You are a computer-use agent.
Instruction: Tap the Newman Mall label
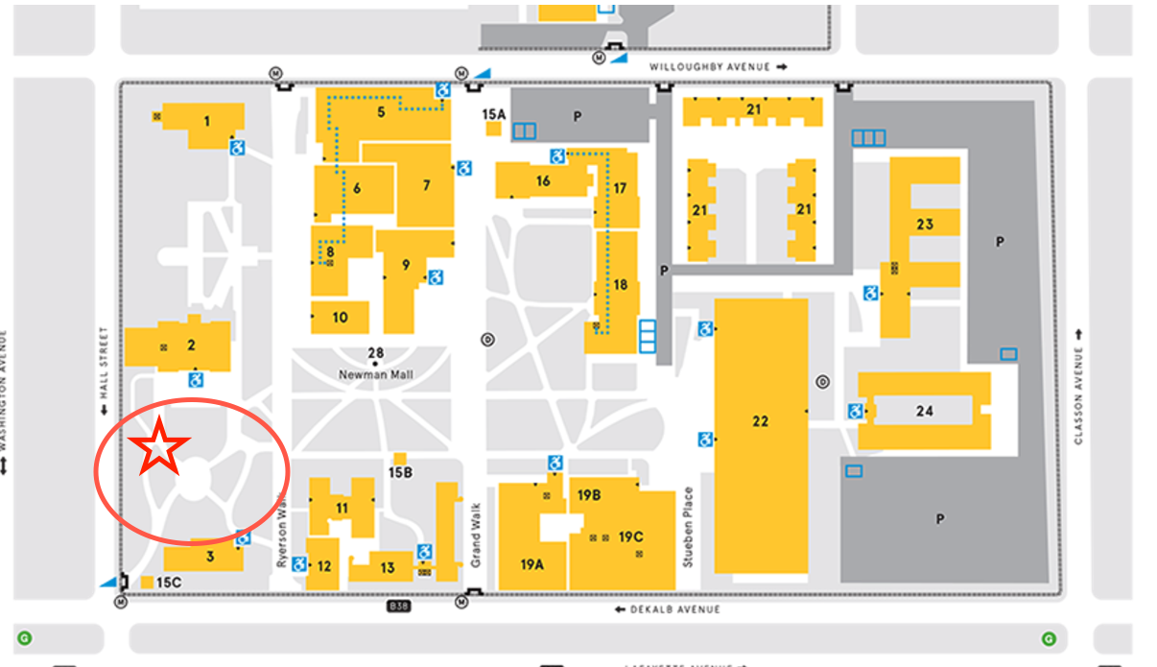[375, 374]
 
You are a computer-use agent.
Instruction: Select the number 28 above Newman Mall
[375, 352]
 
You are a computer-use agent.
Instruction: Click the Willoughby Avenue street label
[711, 67]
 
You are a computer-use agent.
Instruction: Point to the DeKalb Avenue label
[675, 609]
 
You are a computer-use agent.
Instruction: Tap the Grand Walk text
[477, 534]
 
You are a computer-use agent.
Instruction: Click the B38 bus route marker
[398, 607]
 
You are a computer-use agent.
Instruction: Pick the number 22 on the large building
[760, 421]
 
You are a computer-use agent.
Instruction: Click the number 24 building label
[924, 411]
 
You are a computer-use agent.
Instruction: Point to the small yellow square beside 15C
[147, 582]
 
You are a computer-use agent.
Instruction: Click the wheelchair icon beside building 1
[237, 148]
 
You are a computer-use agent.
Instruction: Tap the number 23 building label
[924, 225]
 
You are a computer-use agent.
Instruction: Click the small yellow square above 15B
[400, 458]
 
